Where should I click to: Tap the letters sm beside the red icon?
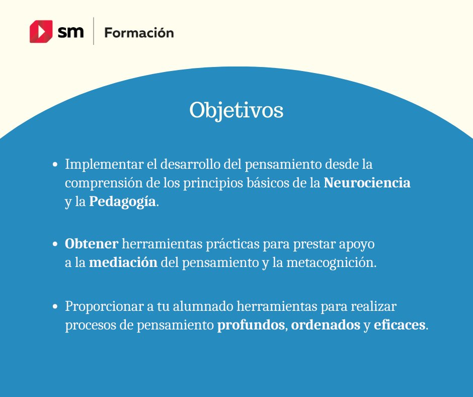point(70,32)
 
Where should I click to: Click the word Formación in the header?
point(139,33)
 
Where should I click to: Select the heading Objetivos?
point(236,111)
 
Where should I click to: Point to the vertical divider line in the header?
point(94,31)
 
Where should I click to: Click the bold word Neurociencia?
point(367,183)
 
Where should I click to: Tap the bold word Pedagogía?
point(122,202)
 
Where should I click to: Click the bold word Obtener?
point(92,244)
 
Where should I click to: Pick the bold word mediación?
point(123,263)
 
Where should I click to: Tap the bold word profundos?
point(251,325)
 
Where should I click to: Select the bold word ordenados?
point(326,325)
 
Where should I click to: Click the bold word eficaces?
point(400,325)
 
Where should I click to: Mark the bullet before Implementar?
point(56,165)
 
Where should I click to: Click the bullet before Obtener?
point(56,244)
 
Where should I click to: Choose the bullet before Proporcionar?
point(56,307)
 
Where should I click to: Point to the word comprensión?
point(100,183)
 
